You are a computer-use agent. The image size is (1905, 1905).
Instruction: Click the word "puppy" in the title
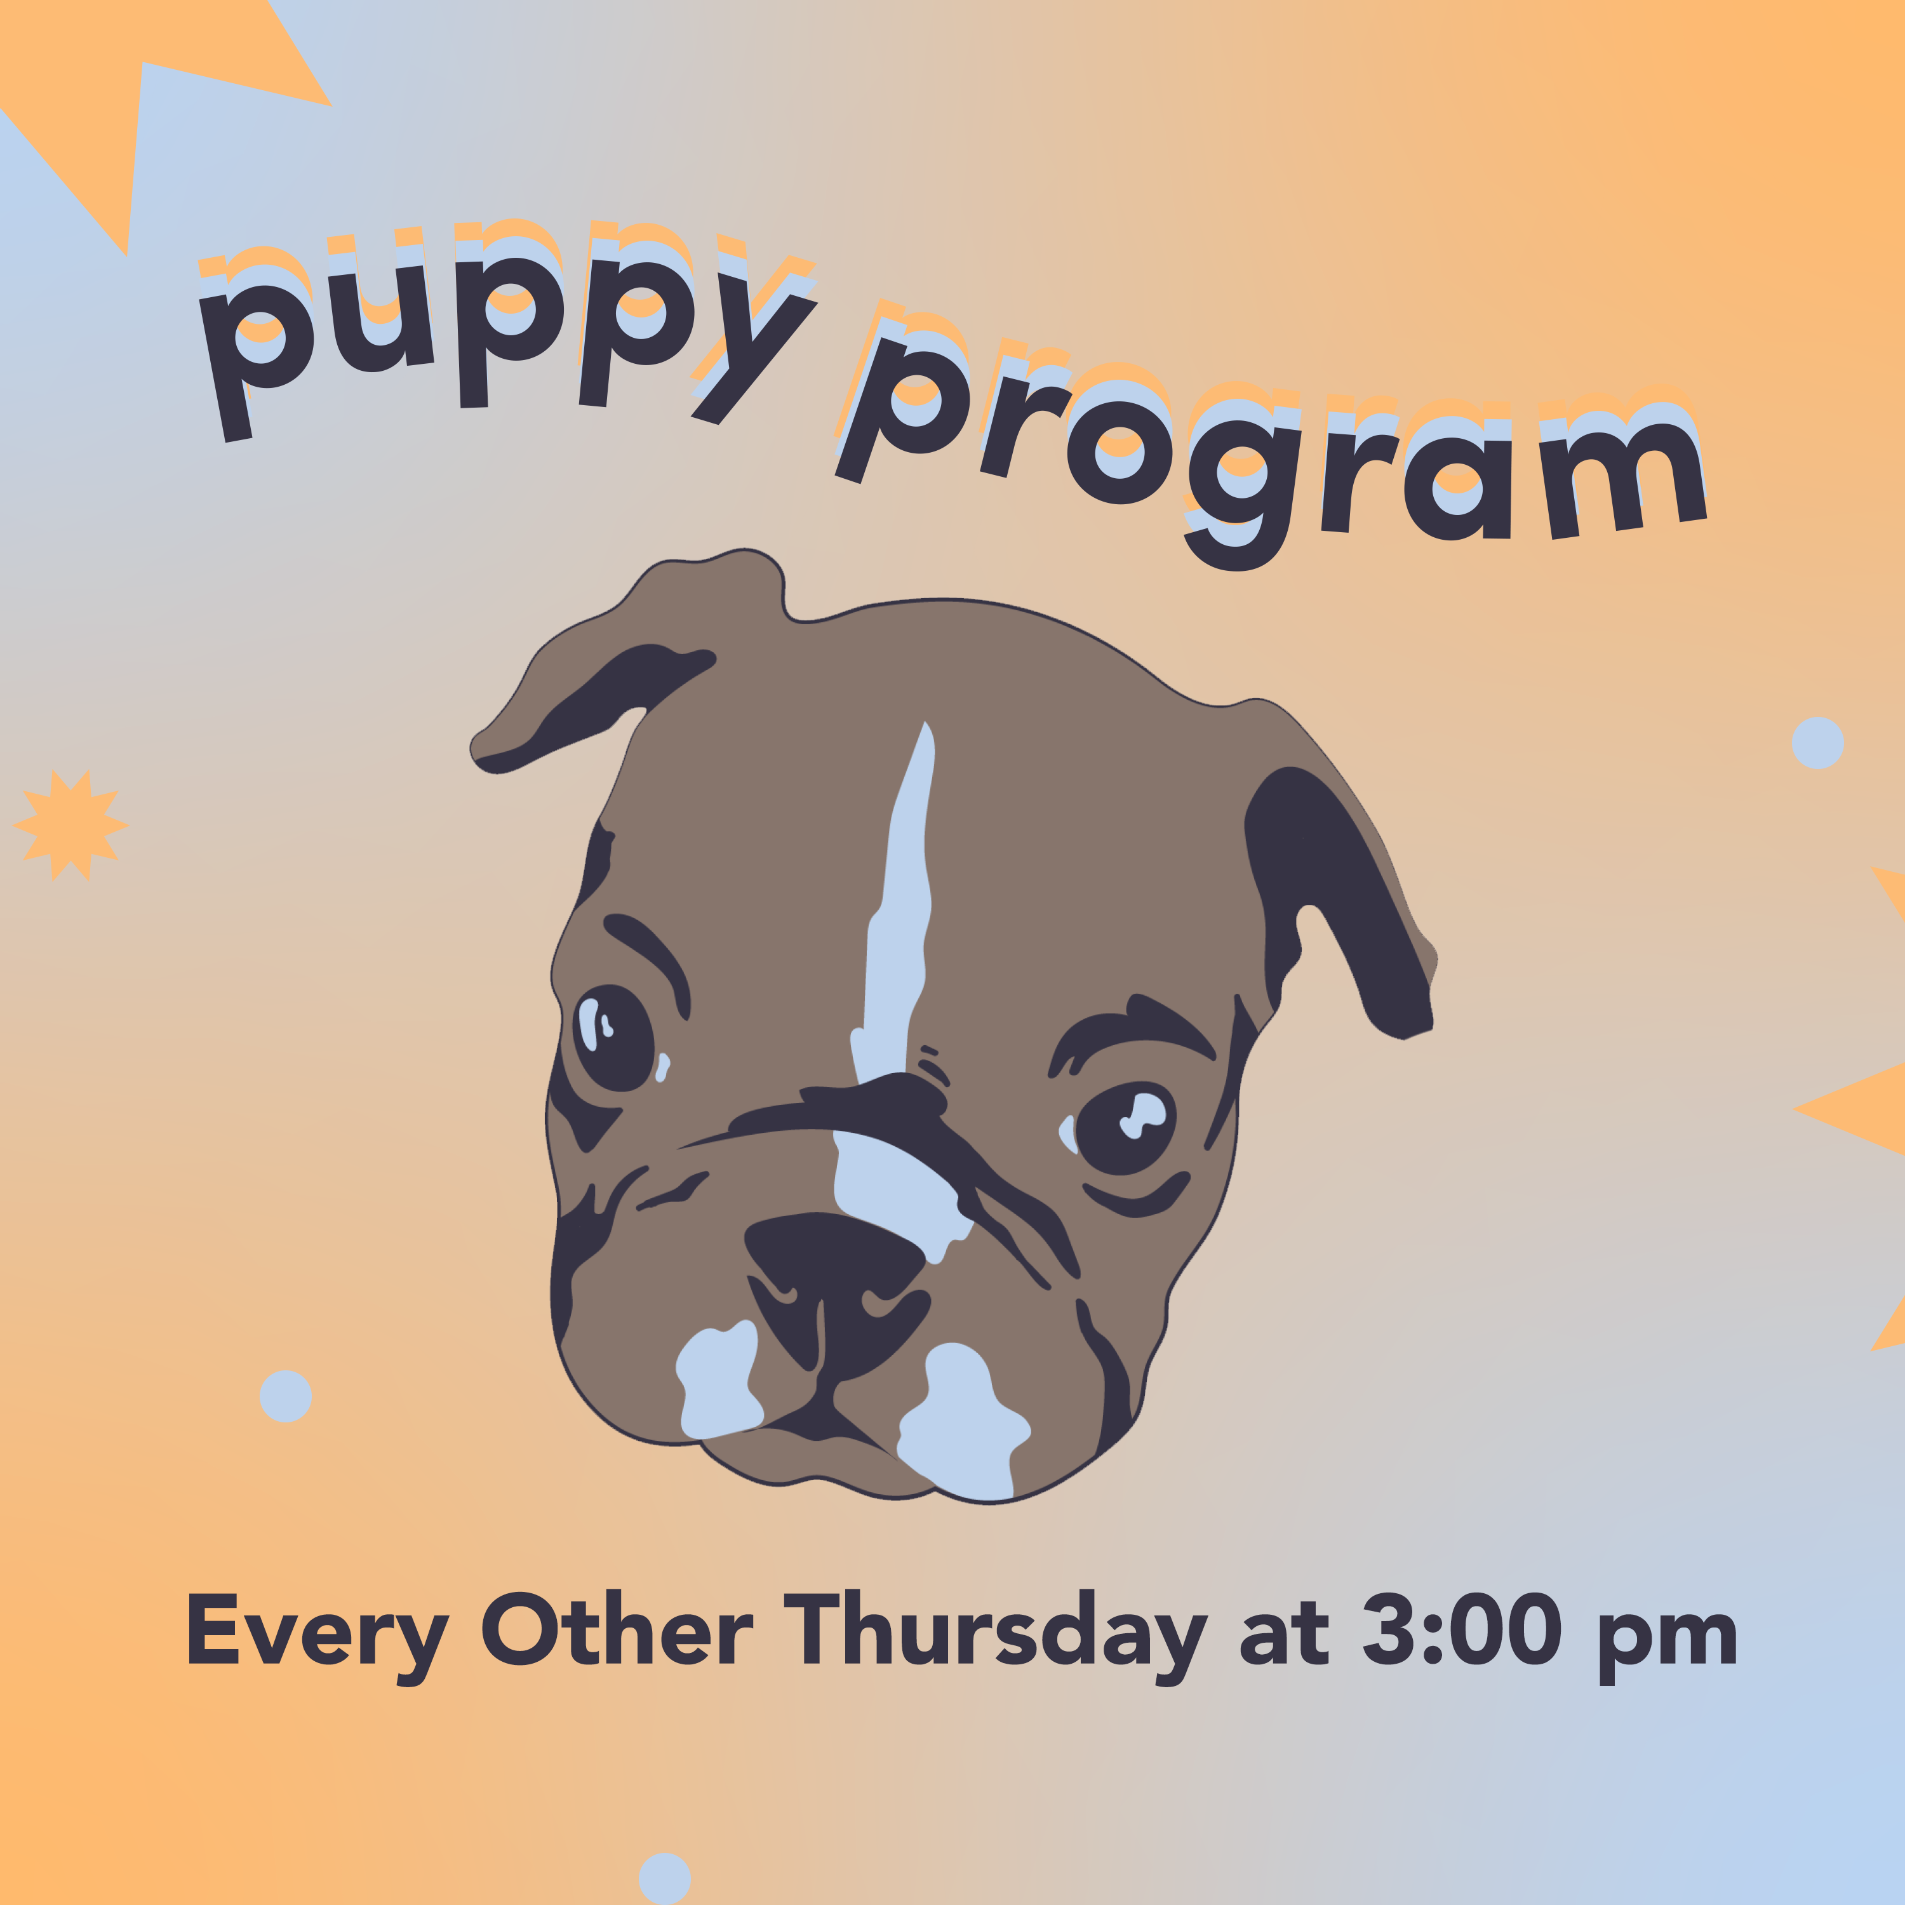pos(508,330)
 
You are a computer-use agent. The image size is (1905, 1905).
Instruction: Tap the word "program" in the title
pos(1272,439)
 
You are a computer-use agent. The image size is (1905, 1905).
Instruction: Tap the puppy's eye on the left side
pos(612,1038)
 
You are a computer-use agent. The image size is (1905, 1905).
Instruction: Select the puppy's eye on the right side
pos(1125,1127)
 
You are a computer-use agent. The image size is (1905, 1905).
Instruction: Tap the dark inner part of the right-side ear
pos(1331,888)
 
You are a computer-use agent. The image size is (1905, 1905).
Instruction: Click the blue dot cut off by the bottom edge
pos(665,1880)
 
